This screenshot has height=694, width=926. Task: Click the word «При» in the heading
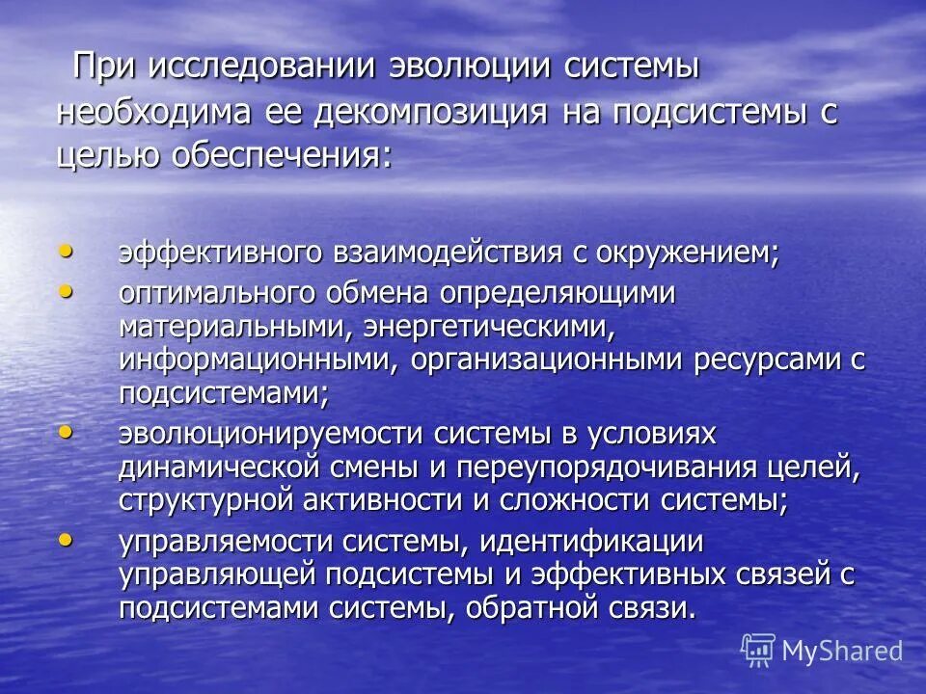pyautogui.click(x=104, y=68)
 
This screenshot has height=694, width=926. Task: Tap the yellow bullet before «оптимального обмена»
pyautogui.click(x=66, y=289)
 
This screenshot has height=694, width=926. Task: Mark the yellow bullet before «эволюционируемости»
pyautogui.click(x=66, y=433)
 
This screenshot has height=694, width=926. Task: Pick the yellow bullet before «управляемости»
pyautogui.click(x=66, y=540)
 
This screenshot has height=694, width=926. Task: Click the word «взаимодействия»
pyautogui.click(x=448, y=254)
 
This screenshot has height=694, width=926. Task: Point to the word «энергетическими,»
pyautogui.click(x=489, y=326)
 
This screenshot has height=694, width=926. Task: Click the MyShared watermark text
pyautogui.click(x=842, y=651)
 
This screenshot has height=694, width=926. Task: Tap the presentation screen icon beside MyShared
pyautogui.click(x=758, y=651)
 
